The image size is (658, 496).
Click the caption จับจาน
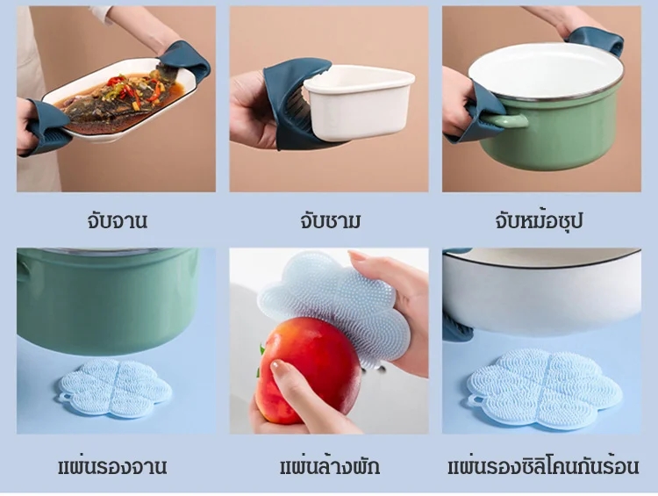[x=117, y=221]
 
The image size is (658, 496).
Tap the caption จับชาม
[x=330, y=221]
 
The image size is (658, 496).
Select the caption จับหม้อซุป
[x=539, y=221]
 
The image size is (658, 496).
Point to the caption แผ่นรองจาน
[x=112, y=467]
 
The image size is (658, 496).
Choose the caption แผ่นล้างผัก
[x=330, y=467]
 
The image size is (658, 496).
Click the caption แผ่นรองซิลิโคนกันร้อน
[x=543, y=467]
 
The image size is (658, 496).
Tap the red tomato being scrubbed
[x=309, y=370]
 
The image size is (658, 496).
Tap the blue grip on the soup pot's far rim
[x=595, y=39]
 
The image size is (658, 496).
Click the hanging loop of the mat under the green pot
[x=65, y=397]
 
